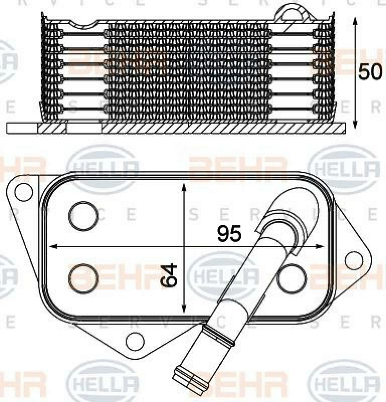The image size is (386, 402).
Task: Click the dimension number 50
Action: pos(370,72)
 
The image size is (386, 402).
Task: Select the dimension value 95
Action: pos(230,233)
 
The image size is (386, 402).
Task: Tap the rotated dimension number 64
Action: pos(170,274)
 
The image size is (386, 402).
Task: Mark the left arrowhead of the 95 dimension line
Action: pos(50,247)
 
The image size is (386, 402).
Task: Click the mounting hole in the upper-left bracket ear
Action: pos(22,191)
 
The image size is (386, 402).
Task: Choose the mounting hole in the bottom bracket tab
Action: pos(134,341)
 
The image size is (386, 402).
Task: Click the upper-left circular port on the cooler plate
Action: pos(84,216)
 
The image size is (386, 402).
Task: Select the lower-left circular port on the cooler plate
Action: pos(83,278)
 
